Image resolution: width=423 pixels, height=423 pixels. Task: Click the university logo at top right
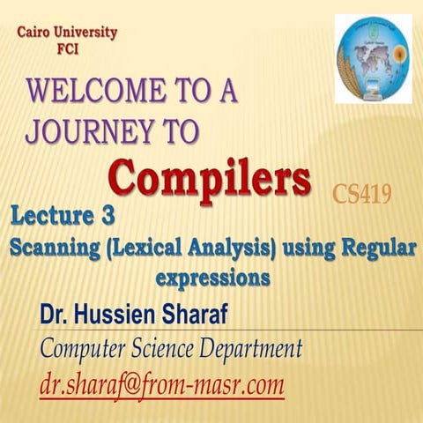click(373, 59)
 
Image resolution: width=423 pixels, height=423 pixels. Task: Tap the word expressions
click(211, 277)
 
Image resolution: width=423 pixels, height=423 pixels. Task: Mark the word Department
click(245, 350)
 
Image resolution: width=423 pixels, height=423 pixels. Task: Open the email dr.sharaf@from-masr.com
click(161, 384)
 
